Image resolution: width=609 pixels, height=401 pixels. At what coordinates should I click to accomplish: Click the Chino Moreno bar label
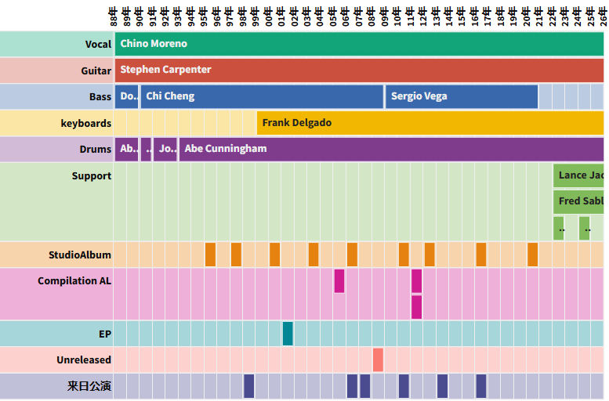[154, 44]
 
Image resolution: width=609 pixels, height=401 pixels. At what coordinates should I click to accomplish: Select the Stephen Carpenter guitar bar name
[165, 70]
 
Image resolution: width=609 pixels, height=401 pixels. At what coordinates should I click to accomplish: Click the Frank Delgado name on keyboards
[296, 123]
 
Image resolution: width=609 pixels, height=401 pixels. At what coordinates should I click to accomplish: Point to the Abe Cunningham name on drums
[225, 149]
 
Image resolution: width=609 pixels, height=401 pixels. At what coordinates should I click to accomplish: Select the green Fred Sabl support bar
[580, 201]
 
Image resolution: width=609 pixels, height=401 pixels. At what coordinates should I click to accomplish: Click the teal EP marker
[288, 334]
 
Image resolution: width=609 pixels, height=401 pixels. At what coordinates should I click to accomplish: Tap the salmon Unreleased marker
[378, 360]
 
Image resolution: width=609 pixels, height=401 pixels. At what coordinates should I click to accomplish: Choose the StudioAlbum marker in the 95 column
[210, 255]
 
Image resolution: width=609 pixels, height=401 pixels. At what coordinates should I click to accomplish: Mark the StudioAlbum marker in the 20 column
[532, 255]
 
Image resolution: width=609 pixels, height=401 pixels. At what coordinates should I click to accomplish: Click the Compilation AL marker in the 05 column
[339, 280]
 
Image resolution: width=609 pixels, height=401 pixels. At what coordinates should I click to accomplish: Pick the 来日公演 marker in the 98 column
[248, 386]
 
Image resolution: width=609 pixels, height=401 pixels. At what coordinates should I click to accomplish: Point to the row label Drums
[95, 150]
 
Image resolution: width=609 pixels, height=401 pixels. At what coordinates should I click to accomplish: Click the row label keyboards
[85, 124]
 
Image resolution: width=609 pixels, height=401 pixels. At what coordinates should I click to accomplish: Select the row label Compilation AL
[74, 281]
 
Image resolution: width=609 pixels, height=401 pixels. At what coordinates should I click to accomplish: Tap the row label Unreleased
[83, 360]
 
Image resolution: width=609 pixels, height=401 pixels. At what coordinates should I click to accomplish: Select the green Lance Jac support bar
[580, 175]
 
